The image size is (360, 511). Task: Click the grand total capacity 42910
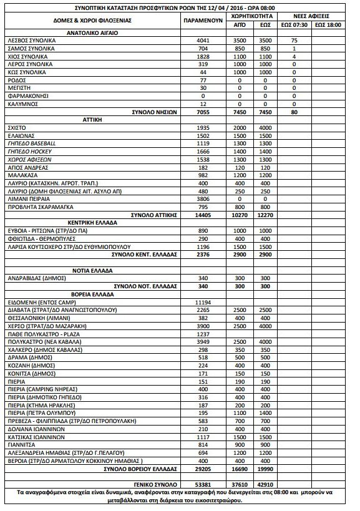[x=265, y=484]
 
